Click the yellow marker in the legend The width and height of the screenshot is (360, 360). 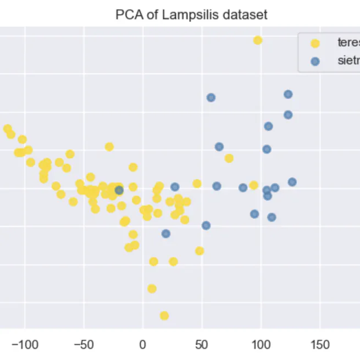click(x=315, y=43)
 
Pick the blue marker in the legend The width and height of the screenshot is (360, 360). click(x=315, y=62)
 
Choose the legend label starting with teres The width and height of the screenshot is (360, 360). click(x=348, y=42)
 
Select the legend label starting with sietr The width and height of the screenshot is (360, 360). click(x=348, y=61)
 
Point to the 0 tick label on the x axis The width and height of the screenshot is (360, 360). click(x=143, y=345)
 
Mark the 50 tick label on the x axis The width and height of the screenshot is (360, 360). click(x=202, y=345)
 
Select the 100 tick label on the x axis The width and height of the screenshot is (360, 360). click(x=261, y=345)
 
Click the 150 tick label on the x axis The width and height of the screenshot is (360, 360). click(x=320, y=345)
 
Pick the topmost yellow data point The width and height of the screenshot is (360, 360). click(x=258, y=40)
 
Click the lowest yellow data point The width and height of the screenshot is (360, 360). click(x=164, y=315)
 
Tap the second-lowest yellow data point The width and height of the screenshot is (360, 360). click(x=152, y=289)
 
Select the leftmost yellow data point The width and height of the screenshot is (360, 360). click(x=7, y=129)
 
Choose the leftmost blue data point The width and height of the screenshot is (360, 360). click(x=119, y=190)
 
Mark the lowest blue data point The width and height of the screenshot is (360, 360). click(x=166, y=234)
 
